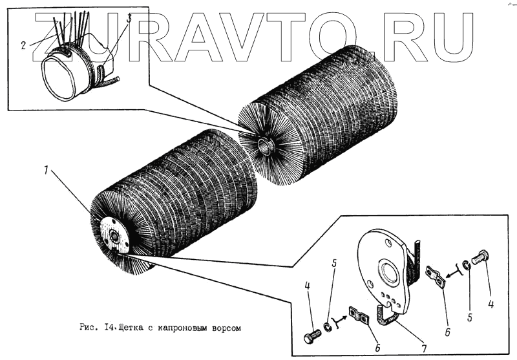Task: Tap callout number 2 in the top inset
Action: click(23, 45)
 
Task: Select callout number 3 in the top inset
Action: click(129, 19)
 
